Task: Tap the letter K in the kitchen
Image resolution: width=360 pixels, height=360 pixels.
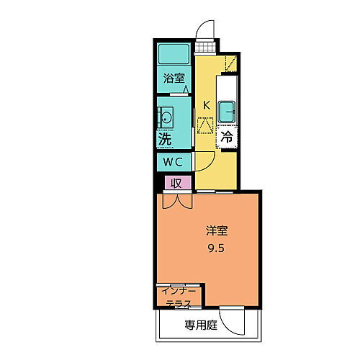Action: point(206,105)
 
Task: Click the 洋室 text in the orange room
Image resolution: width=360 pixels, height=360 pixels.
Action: point(217,230)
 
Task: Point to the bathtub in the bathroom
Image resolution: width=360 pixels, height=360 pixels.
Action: point(174,53)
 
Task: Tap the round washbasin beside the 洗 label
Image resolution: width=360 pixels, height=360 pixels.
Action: point(165,117)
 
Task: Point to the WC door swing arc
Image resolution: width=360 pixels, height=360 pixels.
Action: point(205,162)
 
